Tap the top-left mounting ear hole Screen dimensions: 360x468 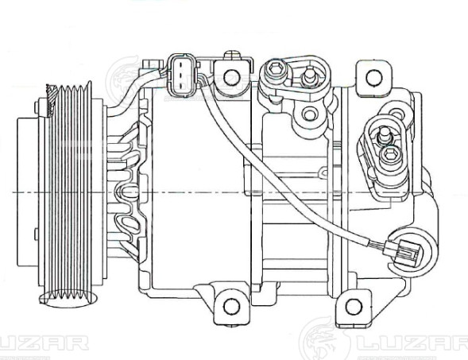point(231,77)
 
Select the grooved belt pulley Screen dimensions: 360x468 point(75,191)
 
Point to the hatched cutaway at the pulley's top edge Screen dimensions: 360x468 point(52,95)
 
